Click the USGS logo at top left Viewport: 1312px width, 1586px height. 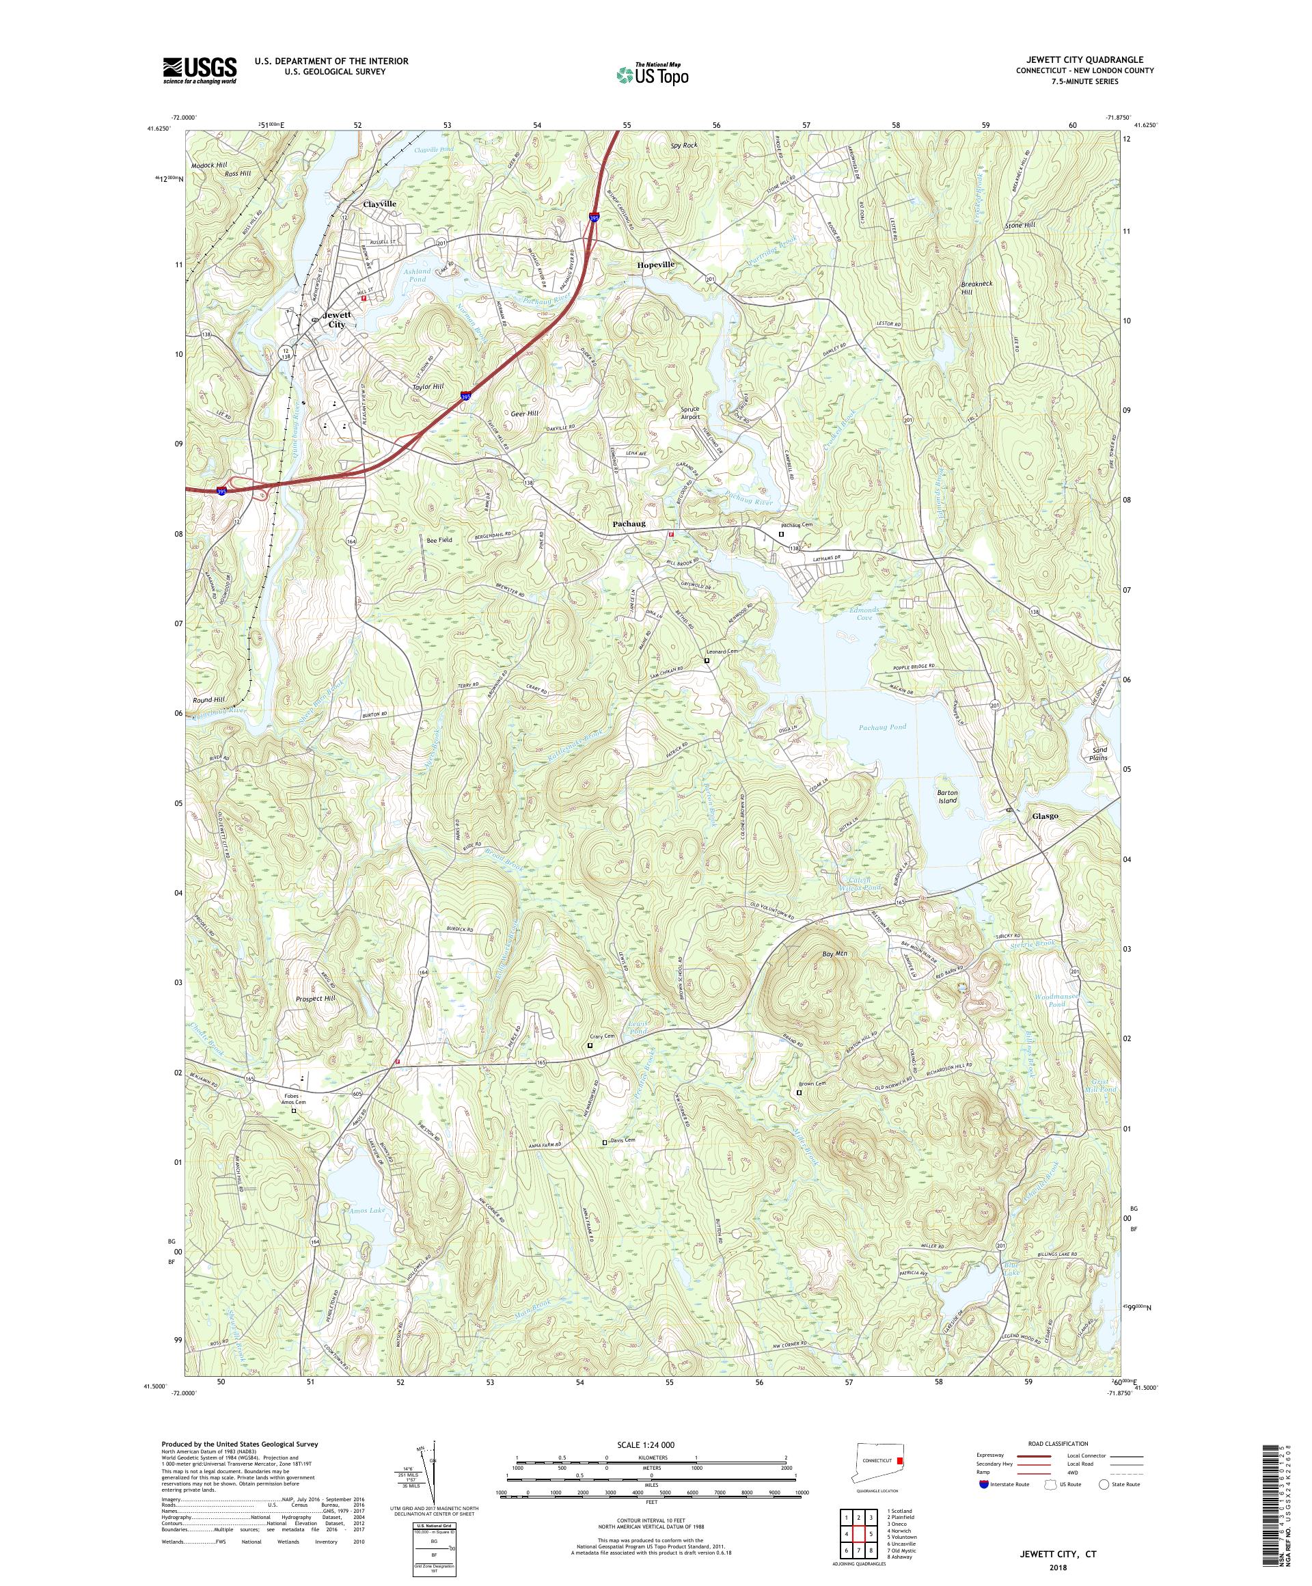click(200, 70)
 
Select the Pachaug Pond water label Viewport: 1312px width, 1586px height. click(881, 727)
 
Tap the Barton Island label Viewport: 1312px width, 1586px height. click(946, 796)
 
